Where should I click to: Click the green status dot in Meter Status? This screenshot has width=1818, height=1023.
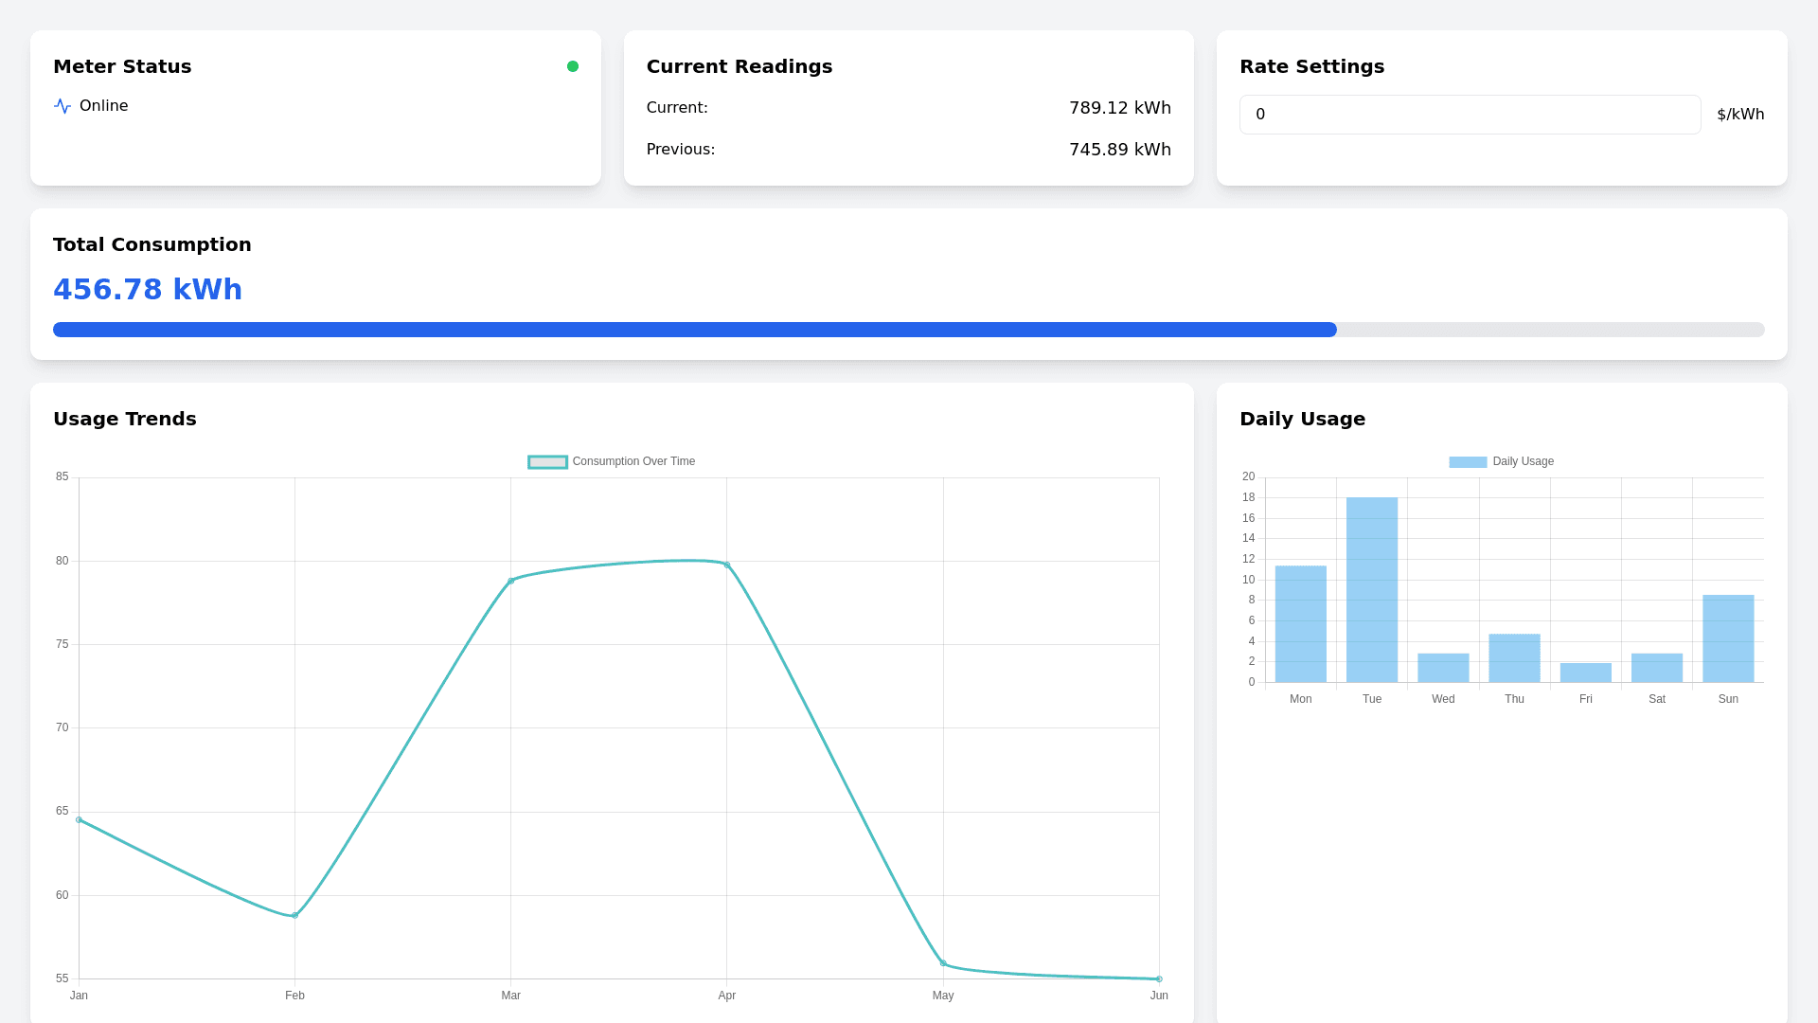tap(573, 66)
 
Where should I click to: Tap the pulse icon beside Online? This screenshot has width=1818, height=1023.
tap(62, 106)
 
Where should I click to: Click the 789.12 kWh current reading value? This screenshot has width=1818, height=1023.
tap(1119, 108)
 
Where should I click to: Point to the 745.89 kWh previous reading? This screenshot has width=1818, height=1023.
tap(1119, 150)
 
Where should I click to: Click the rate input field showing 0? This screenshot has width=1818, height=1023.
tap(1470, 115)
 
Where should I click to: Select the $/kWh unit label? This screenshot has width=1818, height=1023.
tap(1740, 115)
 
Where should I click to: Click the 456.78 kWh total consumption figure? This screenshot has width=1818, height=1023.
tap(148, 290)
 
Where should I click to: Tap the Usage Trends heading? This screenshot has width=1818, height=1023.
tap(125, 419)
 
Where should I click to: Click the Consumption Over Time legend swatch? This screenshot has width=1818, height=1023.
tap(547, 462)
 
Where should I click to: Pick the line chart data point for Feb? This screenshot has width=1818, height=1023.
tap(294, 915)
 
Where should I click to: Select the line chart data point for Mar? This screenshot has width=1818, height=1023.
tap(511, 581)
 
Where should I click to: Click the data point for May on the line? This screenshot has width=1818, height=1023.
tap(943, 963)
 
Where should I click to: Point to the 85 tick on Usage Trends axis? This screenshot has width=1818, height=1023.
tap(62, 476)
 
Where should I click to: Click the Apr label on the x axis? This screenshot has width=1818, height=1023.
tap(727, 996)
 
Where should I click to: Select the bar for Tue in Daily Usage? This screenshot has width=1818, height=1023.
tap(1372, 589)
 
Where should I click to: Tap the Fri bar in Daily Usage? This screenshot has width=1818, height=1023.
tap(1586, 673)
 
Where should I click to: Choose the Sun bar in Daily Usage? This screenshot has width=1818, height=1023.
tap(1728, 638)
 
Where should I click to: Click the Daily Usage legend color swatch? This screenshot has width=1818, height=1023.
tap(1468, 462)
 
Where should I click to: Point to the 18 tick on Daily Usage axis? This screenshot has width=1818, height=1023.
tap(1249, 497)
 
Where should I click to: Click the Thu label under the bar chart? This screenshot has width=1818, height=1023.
tap(1514, 699)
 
